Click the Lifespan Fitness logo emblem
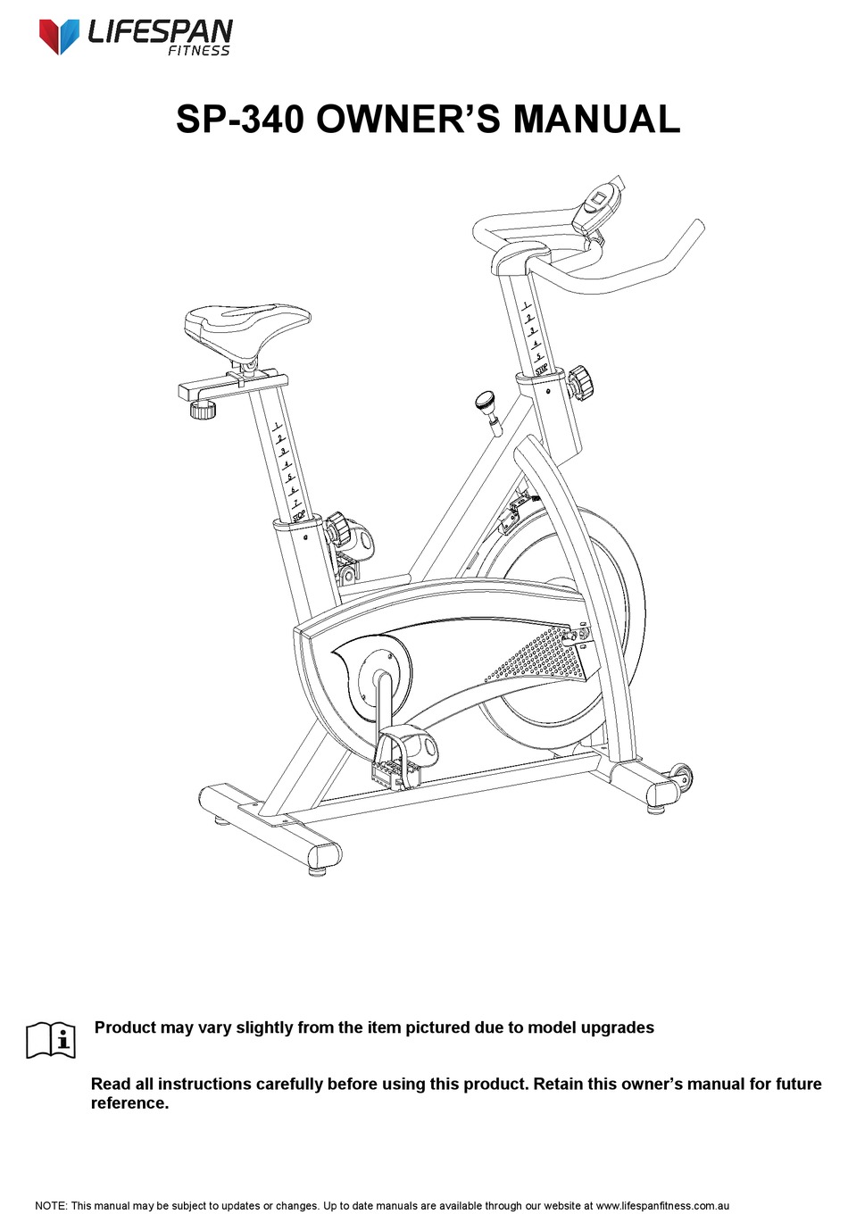tap(59, 35)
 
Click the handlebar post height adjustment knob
tap(581, 379)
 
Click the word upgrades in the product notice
tap(617, 1027)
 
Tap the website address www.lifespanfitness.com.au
tap(662, 1206)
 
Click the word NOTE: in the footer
tap(50, 1206)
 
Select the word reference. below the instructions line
tap(129, 1103)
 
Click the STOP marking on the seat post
tap(299, 514)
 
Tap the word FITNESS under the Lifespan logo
tap(199, 51)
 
